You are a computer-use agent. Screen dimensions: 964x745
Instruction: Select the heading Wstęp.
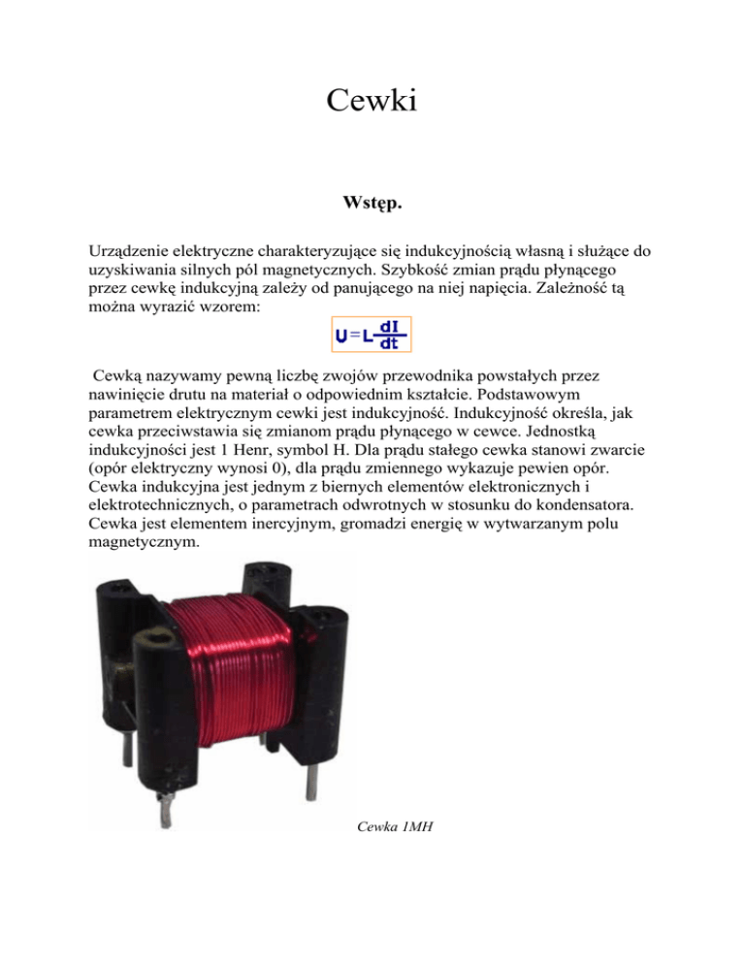pos(372,205)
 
